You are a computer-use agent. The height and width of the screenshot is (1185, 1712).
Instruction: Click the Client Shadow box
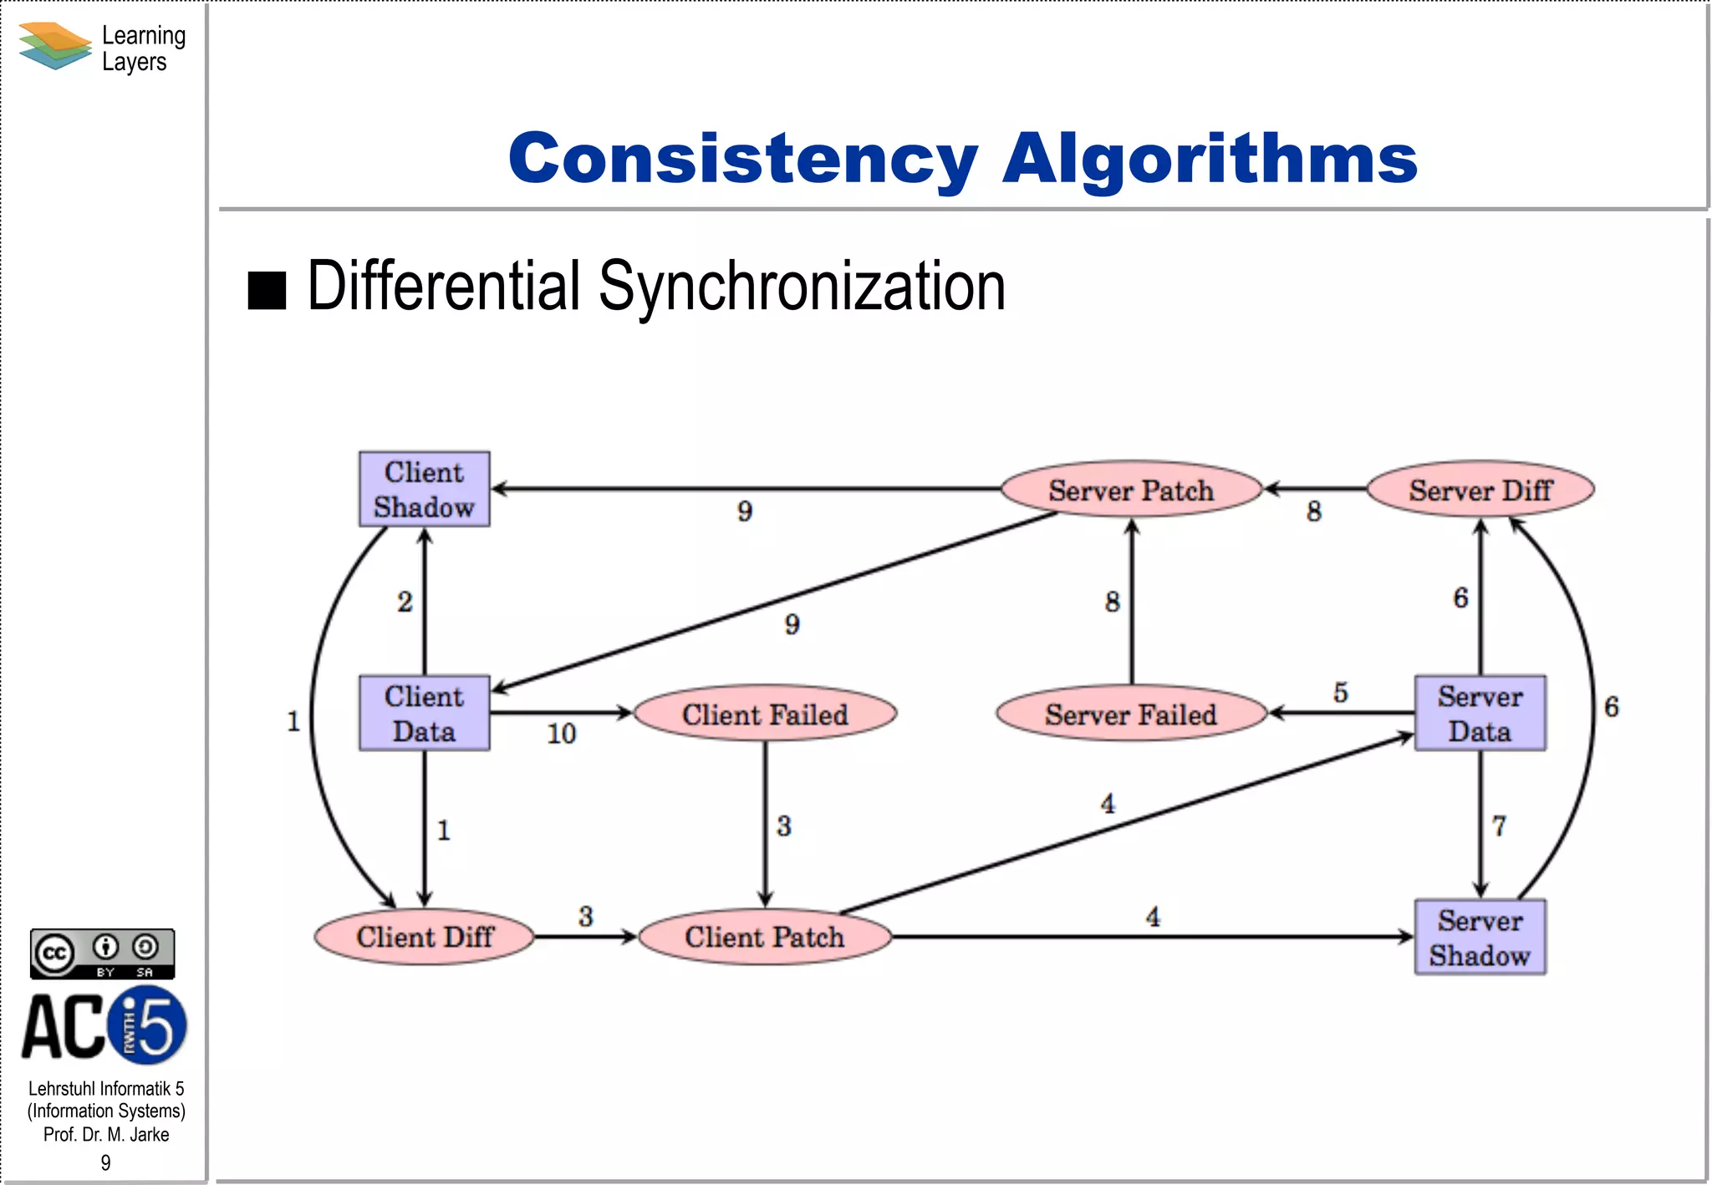tap(424, 489)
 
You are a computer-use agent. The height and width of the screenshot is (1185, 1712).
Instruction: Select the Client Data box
tap(424, 713)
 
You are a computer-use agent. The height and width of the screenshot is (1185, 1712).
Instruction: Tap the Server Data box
tap(1480, 713)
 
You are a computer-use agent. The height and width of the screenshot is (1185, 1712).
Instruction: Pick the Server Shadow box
tap(1480, 937)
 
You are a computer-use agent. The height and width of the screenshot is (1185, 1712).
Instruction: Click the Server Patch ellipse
tap(1131, 490)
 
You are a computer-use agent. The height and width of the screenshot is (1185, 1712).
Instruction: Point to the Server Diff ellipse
tap(1480, 490)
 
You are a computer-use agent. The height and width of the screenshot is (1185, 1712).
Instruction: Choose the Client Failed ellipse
tap(765, 714)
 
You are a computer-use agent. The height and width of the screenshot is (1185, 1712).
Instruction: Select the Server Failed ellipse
tap(1131, 714)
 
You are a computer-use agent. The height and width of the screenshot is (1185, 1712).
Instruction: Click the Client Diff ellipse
tap(425, 937)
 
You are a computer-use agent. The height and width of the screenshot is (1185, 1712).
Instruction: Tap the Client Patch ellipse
tap(765, 937)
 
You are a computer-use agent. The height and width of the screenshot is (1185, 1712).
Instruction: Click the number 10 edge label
tap(561, 734)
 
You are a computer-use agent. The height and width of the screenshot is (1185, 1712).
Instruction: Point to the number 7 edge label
tap(1499, 826)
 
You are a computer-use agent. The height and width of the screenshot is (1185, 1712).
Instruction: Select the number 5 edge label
tap(1340, 692)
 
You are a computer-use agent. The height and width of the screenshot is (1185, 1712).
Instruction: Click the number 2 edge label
tap(405, 602)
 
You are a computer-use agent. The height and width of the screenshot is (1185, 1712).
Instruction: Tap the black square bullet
tap(267, 290)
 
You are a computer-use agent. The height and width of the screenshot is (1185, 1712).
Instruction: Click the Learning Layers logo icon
tap(55, 46)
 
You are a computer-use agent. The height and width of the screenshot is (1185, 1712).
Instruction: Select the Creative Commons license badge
tap(103, 954)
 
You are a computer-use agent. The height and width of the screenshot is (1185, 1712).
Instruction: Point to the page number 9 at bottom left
tap(105, 1162)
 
